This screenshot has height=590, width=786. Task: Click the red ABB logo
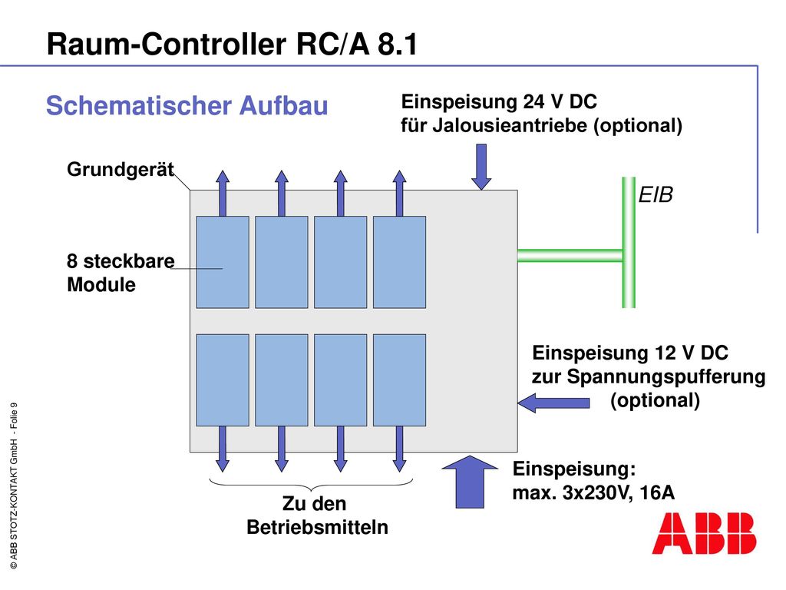click(x=704, y=533)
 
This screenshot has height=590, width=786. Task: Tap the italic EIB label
click(x=656, y=194)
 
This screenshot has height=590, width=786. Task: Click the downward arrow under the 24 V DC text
click(x=481, y=167)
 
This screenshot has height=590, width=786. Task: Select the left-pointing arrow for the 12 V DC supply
click(x=553, y=403)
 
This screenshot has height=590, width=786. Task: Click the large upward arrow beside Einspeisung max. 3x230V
click(x=470, y=482)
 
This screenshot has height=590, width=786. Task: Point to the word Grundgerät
click(x=121, y=170)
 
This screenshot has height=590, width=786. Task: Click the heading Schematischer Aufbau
click(x=187, y=105)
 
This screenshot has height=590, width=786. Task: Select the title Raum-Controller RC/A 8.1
click(x=232, y=44)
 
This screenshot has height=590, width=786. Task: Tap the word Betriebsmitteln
click(x=317, y=527)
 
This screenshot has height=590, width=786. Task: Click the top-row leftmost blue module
click(x=223, y=262)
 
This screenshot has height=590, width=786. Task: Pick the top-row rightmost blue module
click(x=399, y=262)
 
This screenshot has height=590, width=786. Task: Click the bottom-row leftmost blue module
click(x=223, y=380)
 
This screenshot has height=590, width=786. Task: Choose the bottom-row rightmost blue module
click(x=399, y=380)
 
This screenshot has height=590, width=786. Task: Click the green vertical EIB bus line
click(x=629, y=242)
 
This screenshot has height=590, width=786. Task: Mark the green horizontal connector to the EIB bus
click(x=570, y=255)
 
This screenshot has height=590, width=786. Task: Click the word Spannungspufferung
click(x=666, y=376)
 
